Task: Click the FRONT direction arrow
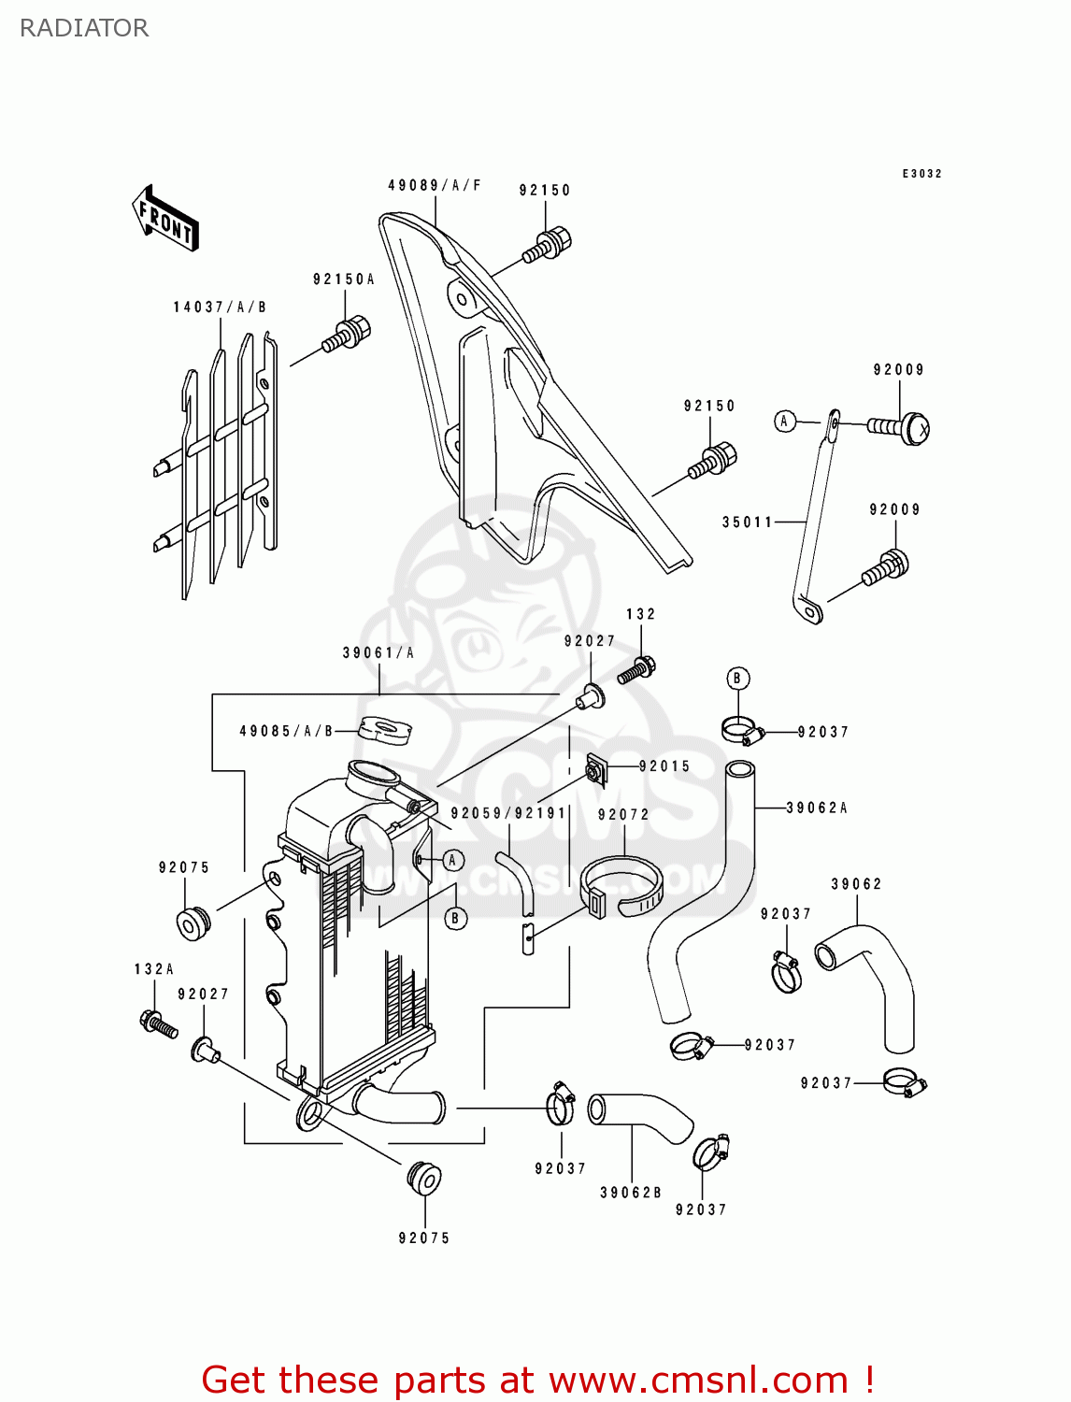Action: tap(165, 219)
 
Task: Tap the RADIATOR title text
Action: tap(84, 28)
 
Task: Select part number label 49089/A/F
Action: tap(435, 185)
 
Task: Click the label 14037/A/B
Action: tap(220, 307)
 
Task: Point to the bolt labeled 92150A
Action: tap(347, 335)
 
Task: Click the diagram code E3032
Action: tap(921, 174)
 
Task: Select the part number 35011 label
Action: tap(747, 522)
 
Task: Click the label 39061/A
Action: tap(378, 652)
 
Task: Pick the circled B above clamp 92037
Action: tap(737, 679)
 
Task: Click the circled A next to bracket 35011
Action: tap(785, 422)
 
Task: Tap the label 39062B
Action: tap(630, 1193)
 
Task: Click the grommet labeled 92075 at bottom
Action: tap(424, 1178)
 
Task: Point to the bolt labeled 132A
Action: tap(157, 1023)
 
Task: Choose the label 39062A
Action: tap(816, 808)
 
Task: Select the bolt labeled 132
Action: tap(636, 669)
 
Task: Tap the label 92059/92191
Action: tap(508, 813)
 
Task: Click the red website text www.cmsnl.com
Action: tap(697, 1380)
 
